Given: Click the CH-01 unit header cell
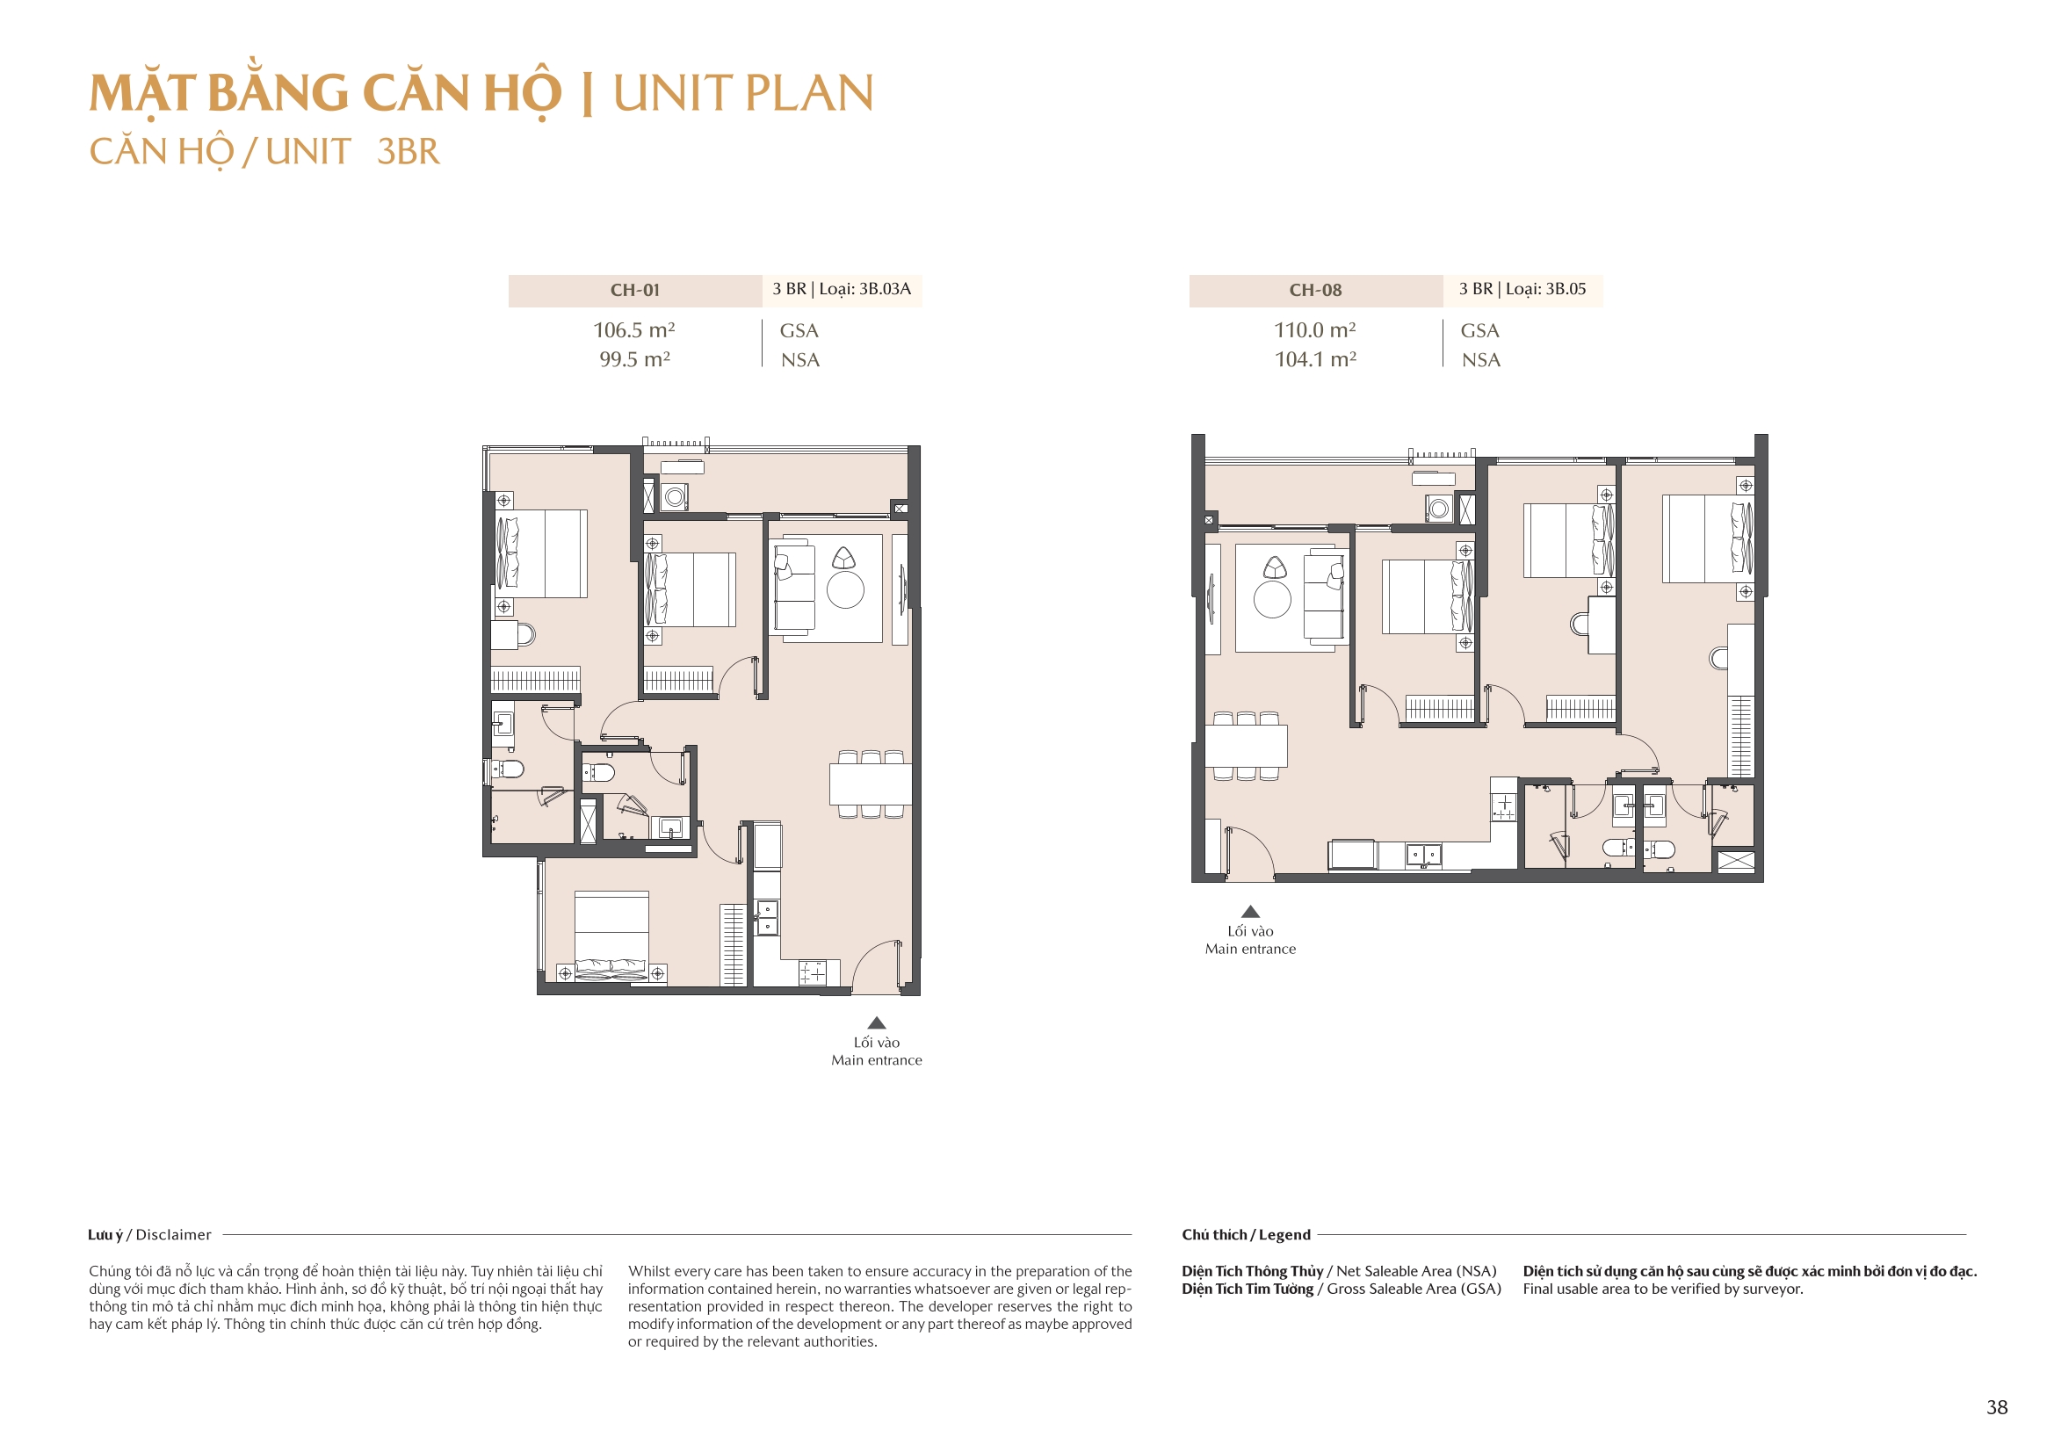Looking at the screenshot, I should click(x=634, y=291).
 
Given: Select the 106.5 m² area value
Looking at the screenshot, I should click(x=634, y=330).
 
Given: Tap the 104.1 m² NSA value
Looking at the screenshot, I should click(x=1315, y=359).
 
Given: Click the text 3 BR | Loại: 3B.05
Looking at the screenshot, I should click(x=1522, y=289).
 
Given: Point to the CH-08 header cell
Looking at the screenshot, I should click(x=1315, y=291).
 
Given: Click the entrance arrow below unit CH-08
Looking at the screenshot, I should click(x=1251, y=912).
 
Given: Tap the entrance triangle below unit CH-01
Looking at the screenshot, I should click(x=877, y=1022).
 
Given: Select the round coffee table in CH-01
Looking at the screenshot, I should click(x=845, y=589).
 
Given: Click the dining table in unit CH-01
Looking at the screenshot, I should click(x=870, y=784).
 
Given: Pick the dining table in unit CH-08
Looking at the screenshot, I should click(x=1245, y=746).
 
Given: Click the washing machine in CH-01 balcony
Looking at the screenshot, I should click(x=675, y=496).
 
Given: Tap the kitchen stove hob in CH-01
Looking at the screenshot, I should click(x=814, y=972).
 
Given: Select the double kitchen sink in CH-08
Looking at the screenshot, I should click(x=1423, y=856).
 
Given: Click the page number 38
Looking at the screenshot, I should click(x=1997, y=1407).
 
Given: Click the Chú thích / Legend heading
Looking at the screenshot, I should click(x=1245, y=1235).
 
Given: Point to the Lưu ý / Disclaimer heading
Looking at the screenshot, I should click(x=149, y=1235).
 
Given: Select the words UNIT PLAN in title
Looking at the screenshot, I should click(x=742, y=93).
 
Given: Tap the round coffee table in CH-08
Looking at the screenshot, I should click(x=1272, y=599).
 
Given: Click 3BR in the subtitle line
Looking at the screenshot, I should click(x=408, y=152).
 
